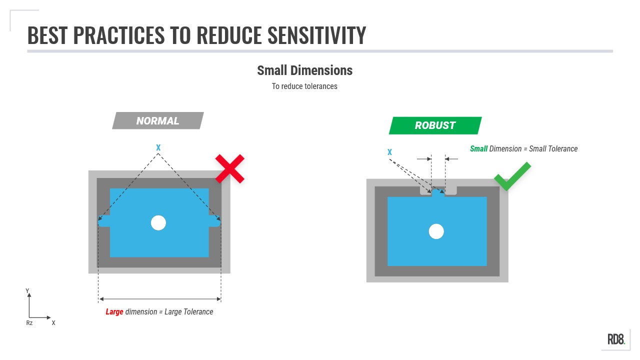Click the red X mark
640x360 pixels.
click(229, 168)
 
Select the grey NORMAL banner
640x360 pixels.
click(158, 120)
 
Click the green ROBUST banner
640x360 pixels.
click(435, 125)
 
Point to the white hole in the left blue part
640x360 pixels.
click(158, 222)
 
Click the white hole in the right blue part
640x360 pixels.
click(436, 231)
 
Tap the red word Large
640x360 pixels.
click(114, 312)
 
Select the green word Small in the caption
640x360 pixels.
click(478, 149)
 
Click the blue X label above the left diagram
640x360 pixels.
click(158, 147)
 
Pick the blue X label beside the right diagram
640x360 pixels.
click(389, 152)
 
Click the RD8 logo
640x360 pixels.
click(616, 339)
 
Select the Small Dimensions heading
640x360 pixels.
click(304, 70)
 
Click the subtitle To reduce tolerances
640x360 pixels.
click(304, 86)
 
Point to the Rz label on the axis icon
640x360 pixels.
click(29, 323)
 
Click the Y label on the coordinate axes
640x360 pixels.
click(27, 291)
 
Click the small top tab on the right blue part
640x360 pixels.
click(438, 193)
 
